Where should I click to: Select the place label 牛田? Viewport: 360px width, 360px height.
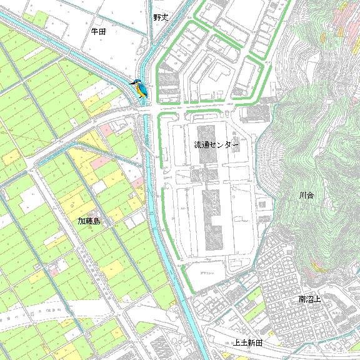pyautogui.click(x=98, y=31)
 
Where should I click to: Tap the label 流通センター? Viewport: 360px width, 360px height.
pyautogui.click(x=216, y=145)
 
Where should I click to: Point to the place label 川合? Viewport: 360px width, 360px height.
pyautogui.click(x=306, y=196)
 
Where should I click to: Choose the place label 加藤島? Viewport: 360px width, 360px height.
pyautogui.click(x=89, y=221)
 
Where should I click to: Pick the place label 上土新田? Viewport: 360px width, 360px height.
pyautogui.click(x=247, y=342)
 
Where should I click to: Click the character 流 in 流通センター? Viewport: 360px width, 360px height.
pyautogui.click(x=197, y=145)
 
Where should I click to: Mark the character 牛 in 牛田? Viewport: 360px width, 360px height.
pyautogui.click(x=94, y=31)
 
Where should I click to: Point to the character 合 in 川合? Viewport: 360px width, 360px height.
pyautogui.click(x=311, y=196)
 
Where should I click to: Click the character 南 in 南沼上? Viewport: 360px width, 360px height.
pyautogui.click(x=301, y=299)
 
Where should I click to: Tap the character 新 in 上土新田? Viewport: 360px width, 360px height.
pyautogui.click(x=251, y=342)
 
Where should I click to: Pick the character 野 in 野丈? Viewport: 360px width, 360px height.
pyautogui.click(x=157, y=17)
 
